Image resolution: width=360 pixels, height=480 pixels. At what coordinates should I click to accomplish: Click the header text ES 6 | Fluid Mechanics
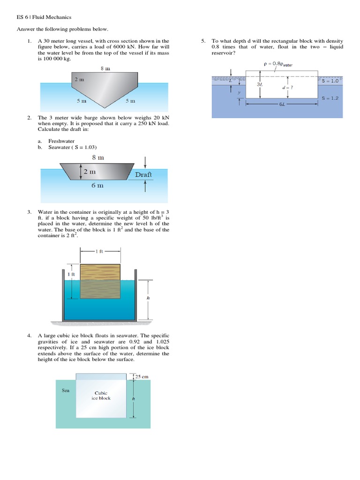click(x=41, y=17)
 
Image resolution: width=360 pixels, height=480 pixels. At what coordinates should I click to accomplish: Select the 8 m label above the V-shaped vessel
click(x=105, y=68)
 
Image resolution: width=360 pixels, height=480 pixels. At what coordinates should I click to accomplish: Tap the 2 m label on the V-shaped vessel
click(x=80, y=79)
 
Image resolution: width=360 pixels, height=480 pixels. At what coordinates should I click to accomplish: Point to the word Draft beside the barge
click(x=143, y=174)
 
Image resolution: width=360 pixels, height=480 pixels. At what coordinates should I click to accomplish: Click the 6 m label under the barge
click(x=97, y=186)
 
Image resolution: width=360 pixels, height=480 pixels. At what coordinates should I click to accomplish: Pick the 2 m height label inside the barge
click(x=90, y=172)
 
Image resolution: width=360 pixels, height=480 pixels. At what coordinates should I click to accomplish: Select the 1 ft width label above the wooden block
click(x=100, y=252)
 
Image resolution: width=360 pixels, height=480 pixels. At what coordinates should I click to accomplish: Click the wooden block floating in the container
click(x=100, y=281)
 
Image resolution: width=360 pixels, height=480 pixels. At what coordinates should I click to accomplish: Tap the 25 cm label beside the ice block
click(x=142, y=376)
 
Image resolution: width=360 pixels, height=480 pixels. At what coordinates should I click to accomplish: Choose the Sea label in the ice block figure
click(x=66, y=390)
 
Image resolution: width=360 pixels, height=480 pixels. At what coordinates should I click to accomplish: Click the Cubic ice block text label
click(x=101, y=396)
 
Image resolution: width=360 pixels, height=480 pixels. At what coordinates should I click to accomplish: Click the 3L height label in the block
click(x=259, y=84)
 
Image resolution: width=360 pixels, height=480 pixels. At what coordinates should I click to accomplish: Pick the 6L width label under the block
click(x=282, y=105)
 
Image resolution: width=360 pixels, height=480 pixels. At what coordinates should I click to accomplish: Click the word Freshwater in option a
click(x=61, y=141)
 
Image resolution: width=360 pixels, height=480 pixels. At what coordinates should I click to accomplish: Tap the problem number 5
click(x=203, y=41)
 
